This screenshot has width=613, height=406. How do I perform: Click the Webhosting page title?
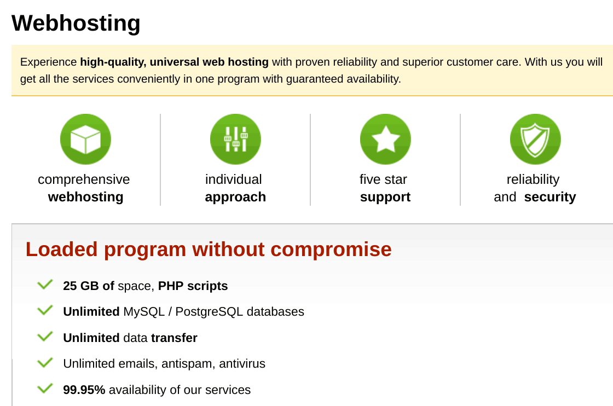pos(76,23)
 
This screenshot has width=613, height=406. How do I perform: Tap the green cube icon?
pos(85,139)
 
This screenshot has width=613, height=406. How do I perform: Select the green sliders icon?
pos(235,139)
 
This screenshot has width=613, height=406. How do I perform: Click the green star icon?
pos(385,139)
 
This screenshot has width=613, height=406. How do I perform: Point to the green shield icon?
pos(535,139)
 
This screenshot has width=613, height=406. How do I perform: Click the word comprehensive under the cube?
pos(84,179)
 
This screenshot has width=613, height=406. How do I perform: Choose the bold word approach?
pos(235,197)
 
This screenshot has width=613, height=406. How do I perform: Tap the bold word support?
pos(385,197)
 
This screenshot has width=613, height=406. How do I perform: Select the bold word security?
pos(550,197)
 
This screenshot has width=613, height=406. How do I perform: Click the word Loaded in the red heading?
pos(61,250)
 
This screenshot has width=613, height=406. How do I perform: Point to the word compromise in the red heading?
pos(331,250)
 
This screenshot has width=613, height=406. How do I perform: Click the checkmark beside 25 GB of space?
pos(45,285)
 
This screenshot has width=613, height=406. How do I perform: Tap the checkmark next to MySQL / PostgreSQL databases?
pos(45,310)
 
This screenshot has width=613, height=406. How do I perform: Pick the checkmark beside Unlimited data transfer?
pos(45,337)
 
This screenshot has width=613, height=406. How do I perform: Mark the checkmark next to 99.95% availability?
pos(45,388)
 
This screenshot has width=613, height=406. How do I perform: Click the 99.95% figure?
pos(84,390)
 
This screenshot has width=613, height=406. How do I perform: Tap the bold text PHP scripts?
pos(193,286)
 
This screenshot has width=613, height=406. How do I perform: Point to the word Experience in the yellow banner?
pos(49,62)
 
